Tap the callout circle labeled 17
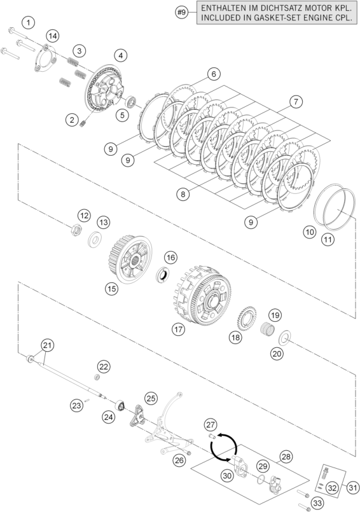pyautogui.click(x=178, y=329)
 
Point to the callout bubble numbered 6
pyautogui.click(x=214, y=74)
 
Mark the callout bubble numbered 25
pyautogui.click(x=151, y=399)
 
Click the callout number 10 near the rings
pyautogui.click(x=309, y=233)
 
